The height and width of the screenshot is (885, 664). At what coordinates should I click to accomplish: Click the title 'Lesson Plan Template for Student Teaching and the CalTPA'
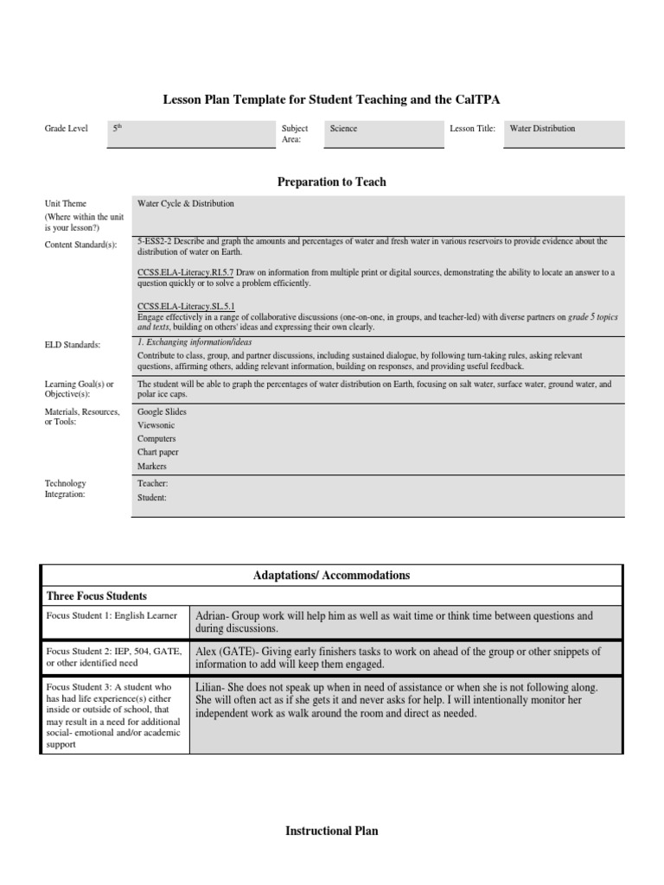[332, 100]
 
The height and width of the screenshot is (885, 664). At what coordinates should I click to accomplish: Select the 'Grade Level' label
[67, 129]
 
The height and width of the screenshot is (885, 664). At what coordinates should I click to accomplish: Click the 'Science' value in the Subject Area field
[343, 129]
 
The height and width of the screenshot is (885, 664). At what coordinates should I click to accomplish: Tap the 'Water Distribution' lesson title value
[542, 129]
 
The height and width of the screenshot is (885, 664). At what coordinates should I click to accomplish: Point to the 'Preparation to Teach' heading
[332, 182]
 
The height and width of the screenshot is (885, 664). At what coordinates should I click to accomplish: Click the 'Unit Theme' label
[66, 204]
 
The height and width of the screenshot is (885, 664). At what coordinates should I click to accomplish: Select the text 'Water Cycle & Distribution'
[185, 204]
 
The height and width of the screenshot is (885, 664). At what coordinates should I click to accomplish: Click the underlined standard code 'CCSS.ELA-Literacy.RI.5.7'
[186, 272]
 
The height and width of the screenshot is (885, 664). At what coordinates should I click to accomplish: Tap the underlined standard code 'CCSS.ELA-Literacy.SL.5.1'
[186, 306]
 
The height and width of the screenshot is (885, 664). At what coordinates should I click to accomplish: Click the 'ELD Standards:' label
[73, 345]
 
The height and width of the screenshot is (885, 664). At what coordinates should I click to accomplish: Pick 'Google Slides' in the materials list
[162, 412]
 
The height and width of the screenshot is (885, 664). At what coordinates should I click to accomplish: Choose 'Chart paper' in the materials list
[158, 453]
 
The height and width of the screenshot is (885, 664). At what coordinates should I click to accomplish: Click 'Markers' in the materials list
[152, 467]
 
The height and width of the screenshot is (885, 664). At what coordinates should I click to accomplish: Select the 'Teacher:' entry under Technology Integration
[153, 484]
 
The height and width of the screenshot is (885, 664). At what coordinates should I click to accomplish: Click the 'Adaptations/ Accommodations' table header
[332, 576]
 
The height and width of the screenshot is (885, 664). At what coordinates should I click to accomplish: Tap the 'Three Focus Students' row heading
[96, 596]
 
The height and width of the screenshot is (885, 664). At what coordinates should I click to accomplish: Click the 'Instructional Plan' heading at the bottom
[332, 831]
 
